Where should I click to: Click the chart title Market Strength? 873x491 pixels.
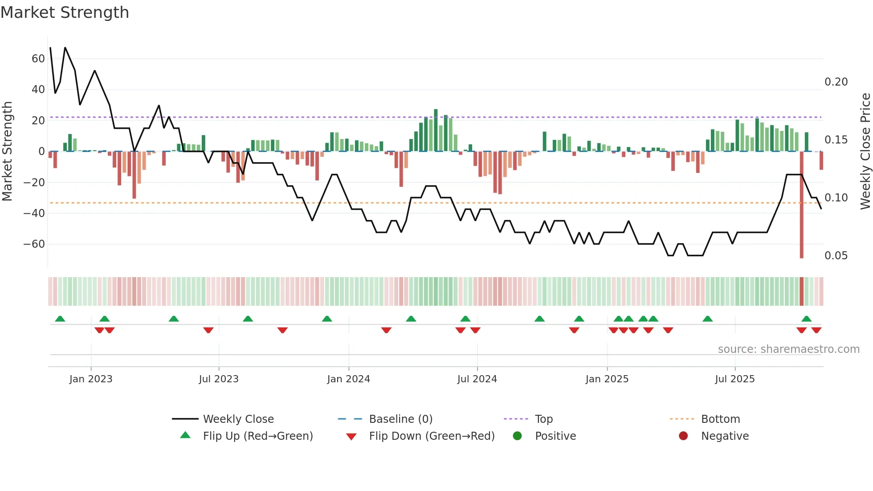[65, 12]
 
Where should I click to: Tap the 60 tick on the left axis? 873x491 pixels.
[38, 59]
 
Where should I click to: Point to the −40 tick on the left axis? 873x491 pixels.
[34, 213]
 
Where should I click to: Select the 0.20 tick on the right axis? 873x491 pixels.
[836, 82]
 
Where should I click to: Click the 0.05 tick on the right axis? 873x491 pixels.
[836, 256]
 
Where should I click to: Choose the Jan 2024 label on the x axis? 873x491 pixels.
[348, 379]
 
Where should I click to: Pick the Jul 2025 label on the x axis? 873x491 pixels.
[734, 379]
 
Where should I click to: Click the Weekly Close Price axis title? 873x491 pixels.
[865, 151]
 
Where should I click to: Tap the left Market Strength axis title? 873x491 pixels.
[7, 151]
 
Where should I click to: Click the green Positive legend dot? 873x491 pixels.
[517, 436]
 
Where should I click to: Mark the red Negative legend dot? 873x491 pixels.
[683, 436]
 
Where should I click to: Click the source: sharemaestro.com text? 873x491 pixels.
[788, 349]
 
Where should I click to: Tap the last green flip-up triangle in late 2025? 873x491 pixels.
[806, 319]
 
